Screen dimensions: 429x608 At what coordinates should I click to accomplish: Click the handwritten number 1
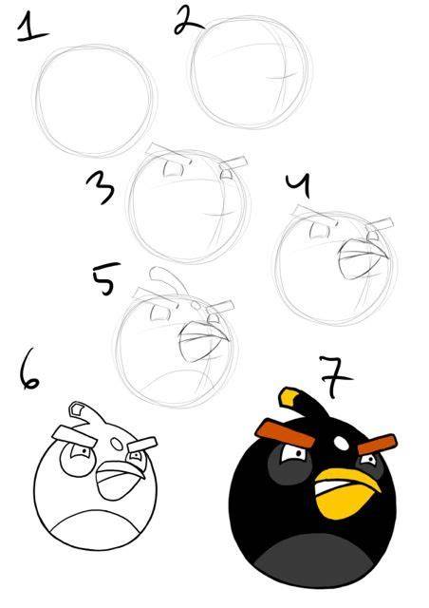tap(31, 28)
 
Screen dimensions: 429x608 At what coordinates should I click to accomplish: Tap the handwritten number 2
tap(188, 20)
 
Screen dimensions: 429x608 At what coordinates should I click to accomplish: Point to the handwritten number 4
tap(298, 185)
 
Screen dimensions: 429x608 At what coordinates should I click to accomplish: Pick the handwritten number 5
tap(105, 278)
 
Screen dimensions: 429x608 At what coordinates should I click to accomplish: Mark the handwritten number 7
tap(334, 377)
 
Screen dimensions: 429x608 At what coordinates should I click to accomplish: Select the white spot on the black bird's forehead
tap(342, 443)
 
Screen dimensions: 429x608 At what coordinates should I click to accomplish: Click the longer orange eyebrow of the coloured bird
tap(285, 432)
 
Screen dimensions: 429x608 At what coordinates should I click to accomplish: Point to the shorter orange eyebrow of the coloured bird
tap(377, 445)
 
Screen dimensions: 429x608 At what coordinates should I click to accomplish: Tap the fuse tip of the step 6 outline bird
tap(77, 409)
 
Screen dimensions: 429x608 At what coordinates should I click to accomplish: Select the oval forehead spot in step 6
tap(116, 444)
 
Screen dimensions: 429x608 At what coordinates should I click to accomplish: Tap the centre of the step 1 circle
tap(94, 101)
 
